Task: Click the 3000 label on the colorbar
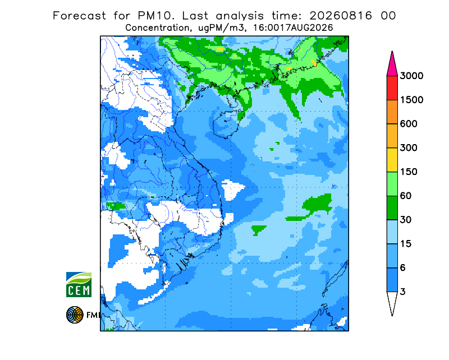coord(411,76)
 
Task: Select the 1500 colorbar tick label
coord(411,100)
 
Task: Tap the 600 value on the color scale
coord(409,124)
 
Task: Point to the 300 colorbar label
coord(409,148)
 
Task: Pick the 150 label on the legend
coord(409,172)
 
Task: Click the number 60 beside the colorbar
coord(406,196)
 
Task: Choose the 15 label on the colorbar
coord(406,244)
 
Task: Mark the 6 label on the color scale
coord(403,268)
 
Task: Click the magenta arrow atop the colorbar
coord(392,64)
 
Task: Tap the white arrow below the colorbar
coord(392,302)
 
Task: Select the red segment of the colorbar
coord(392,88)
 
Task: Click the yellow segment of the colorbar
coord(392,160)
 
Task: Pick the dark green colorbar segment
coord(392,208)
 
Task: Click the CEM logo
coord(79,284)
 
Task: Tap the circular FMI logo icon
coord(75,315)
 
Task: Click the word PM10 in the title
coord(155,16)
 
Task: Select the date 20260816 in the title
coord(341,16)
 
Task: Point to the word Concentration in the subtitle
coord(157,28)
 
